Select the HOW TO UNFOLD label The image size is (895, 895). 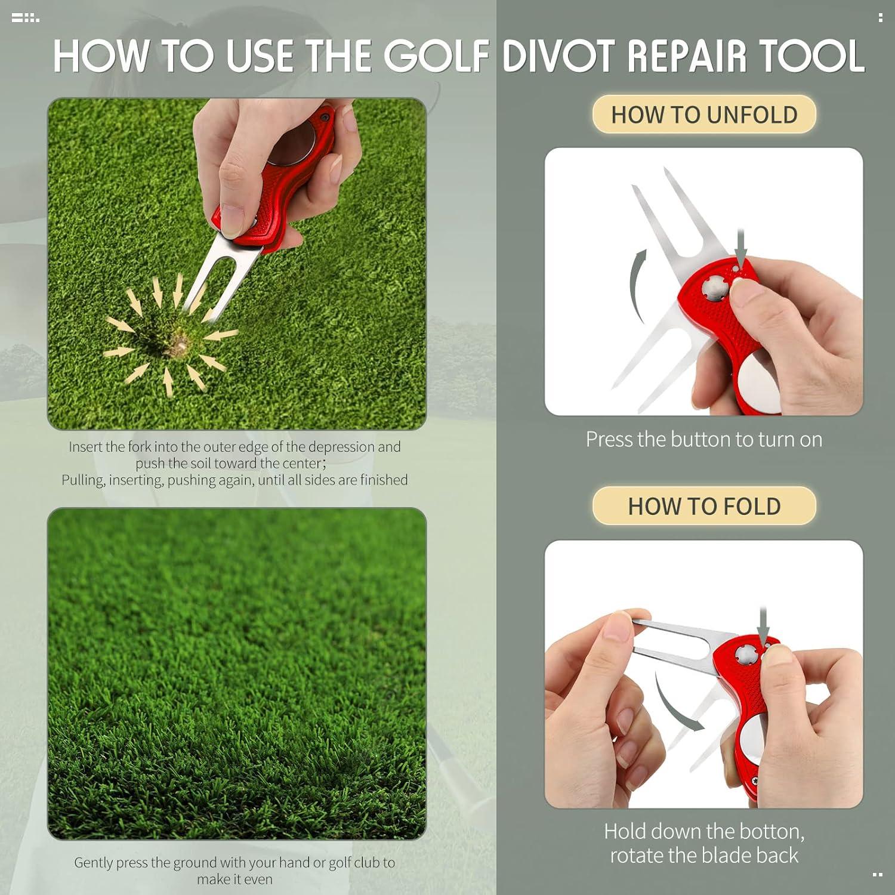tap(704, 115)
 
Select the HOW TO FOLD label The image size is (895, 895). tap(704, 507)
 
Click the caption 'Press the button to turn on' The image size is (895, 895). tap(704, 440)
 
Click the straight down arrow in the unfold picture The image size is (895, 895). tap(741, 247)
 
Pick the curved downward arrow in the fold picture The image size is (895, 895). tap(674, 704)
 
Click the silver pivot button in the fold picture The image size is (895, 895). tap(746, 655)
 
